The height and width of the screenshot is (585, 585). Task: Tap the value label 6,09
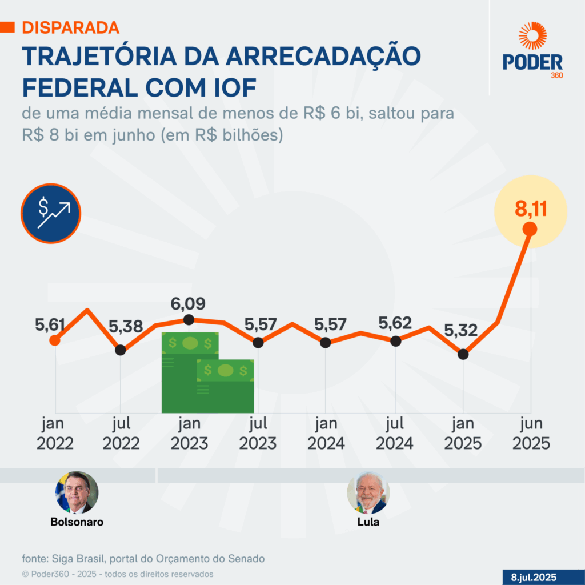pyautogui.click(x=188, y=303)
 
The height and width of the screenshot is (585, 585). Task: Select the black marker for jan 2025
pyautogui.click(x=463, y=354)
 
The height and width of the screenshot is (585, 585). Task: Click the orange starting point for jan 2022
pyautogui.click(x=55, y=340)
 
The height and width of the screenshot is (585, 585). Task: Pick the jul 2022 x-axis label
pyautogui.click(x=121, y=434)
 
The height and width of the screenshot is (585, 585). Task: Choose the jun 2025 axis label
pyautogui.click(x=531, y=434)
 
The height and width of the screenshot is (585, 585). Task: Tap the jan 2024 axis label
pyautogui.click(x=326, y=434)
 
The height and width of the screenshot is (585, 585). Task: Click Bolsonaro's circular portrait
pyautogui.click(x=77, y=492)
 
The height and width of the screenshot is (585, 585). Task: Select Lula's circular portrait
pyautogui.click(x=368, y=492)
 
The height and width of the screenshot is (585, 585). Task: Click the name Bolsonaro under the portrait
pyautogui.click(x=77, y=522)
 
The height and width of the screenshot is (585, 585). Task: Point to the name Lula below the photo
pyautogui.click(x=368, y=522)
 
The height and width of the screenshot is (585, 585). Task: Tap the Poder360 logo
pyautogui.click(x=532, y=51)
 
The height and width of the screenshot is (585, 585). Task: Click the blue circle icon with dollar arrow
pyautogui.click(x=51, y=213)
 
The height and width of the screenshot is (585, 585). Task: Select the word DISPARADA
pyautogui.click(x=70, y=27)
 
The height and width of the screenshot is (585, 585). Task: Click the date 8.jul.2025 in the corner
pyautogui.click(x=533, y=577)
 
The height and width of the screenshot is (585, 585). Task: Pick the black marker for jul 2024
pyautogui.click(x=395, y=341)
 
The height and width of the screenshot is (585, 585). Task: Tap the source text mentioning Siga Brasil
pyautogui.click(x=143, y=558)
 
